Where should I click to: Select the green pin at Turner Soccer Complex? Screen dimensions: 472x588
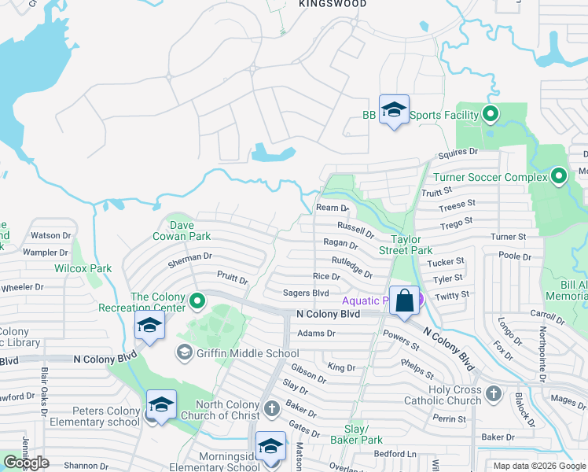click(559, 176)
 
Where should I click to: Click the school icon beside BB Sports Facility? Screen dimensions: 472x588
click(394, 111)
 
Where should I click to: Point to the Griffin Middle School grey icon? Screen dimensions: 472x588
click(185, 352)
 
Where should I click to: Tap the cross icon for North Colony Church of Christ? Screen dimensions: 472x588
click(271, 407)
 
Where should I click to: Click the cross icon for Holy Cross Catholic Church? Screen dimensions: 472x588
click(493, 393)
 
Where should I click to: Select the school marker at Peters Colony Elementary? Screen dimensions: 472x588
click(161, 406)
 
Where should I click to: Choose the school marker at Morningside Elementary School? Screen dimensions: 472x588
click(271, 448)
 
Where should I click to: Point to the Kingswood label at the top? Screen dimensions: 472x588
click(333, 4)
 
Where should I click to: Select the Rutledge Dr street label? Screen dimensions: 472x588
click(351, 267)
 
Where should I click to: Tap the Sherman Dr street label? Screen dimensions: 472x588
click(189, 256)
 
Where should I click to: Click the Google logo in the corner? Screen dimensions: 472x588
click(26, 463)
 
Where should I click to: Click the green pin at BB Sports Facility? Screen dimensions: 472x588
click(491, 115)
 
